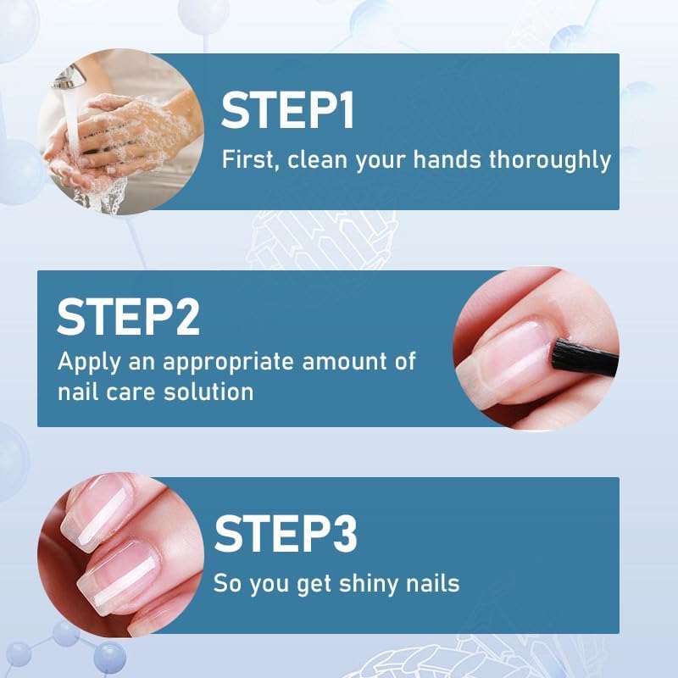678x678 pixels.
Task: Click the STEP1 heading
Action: click(x=287, y=111)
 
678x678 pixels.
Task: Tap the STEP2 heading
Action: click(x=128, y=316)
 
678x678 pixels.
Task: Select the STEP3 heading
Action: click(x=286, y=533)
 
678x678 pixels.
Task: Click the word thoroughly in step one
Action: click(x=550, y=159)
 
